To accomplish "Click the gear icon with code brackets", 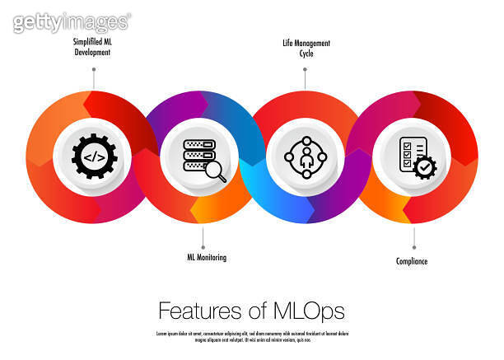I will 94,156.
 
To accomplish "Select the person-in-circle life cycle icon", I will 305,156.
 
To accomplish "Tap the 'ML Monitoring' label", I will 206,258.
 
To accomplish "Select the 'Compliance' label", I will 412,262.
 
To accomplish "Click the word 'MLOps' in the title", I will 310,311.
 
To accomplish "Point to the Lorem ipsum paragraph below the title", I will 251,336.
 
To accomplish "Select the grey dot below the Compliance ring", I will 413,246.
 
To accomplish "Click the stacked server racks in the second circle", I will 197,154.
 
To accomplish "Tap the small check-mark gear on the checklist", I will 425,168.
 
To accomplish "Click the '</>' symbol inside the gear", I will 94,156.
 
